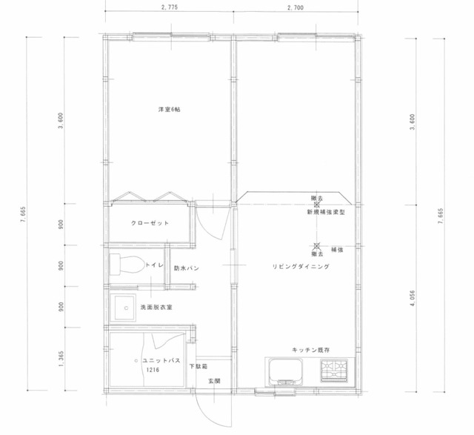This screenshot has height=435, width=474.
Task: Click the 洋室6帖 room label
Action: click(x=170, y=110)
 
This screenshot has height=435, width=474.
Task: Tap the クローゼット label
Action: click(x=150, y=223)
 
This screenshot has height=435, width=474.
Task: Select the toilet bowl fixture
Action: click(x=127, y=265)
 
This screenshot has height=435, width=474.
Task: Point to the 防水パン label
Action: click(x=186, y=268)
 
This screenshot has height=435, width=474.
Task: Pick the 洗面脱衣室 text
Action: click(x=156, y=308)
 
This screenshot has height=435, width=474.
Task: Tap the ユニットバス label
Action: click(x=161, y=361)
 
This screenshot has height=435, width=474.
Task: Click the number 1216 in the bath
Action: click(x=153, y=370)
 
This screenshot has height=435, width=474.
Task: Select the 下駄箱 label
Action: click(x=198, y=367)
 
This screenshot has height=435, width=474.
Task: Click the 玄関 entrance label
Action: click(x=214, y=381)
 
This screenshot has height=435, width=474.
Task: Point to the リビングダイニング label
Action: click(x=301, y=267)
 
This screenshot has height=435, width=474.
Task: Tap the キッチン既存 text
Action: click(x=311, y=351)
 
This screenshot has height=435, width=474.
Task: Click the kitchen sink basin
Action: click(x=286, y=371)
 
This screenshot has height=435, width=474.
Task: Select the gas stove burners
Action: click(x=334, y=371)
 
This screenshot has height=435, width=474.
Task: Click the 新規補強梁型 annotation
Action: click(x=326, y=213)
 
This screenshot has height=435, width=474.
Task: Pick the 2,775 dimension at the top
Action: click(x=170, y=7)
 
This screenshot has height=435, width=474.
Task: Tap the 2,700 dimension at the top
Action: click(x=296, y=7)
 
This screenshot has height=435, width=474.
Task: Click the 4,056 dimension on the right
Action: click(x=413, y=298)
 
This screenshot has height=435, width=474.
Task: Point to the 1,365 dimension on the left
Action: click(x=61, y=359)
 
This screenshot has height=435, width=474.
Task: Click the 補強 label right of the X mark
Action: click(x=337, y=250)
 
